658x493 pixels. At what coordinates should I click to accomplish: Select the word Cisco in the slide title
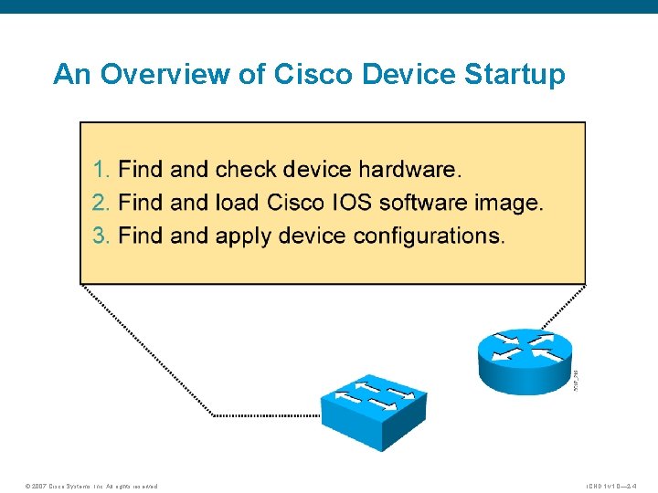tap(311, 74)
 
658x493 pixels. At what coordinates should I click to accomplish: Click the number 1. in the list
tap(102, 170)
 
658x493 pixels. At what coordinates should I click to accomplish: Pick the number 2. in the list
tap(102, 203)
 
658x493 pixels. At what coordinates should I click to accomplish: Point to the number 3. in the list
tap(102, 236)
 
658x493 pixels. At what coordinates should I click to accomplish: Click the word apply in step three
tap(247, 236)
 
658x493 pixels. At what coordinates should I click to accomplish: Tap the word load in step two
tap(238, 203)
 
